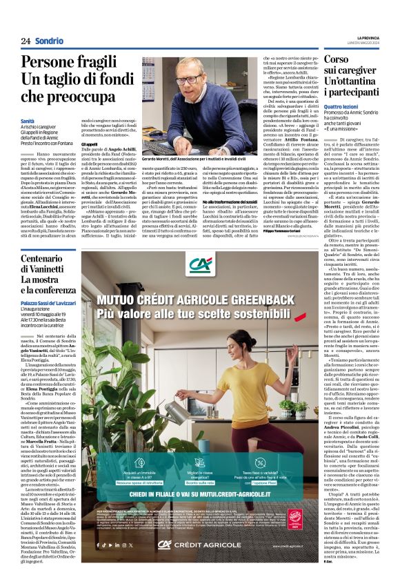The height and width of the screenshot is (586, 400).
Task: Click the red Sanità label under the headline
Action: pos(28,121)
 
